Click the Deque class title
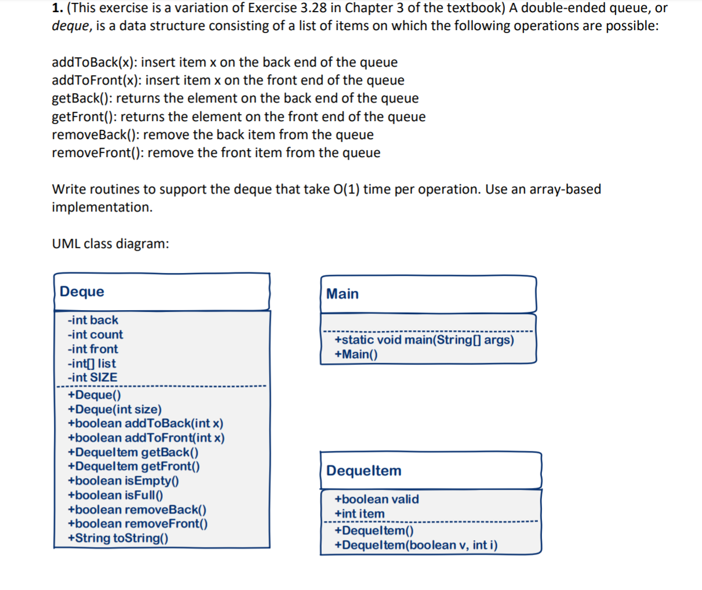click(x=82, y=292)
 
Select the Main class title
click(x=342, y=294)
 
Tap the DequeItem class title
click(x=363, y=471)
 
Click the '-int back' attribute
click(x=93, y=320)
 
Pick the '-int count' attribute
click(x=95, y=334)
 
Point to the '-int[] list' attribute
click(x=92, y=363)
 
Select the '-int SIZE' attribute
click(x=92, y=377)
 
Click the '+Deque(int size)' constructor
click(x=115, y=409)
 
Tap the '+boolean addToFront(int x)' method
click(x=146, y=438)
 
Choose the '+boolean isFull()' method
click(x=115, y=495)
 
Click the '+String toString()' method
click(x=118, y=538)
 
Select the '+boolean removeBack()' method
click(x=137, y=509)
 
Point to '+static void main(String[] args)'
click(x=424, y=340)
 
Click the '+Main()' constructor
click(x=356, y=354)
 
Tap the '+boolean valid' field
click(x=377, y=499)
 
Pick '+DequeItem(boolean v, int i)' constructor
click(x=416, y=545)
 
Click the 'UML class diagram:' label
click(x=111, y=243)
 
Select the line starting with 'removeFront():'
click(x=216, y=153)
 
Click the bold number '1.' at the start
click(x=57, y=8)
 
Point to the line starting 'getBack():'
click(x=235, y=99)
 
